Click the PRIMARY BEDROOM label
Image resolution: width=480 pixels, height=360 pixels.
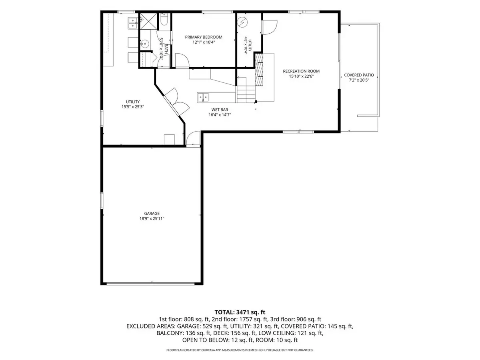(203, 37)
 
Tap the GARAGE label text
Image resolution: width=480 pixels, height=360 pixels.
(152, 213)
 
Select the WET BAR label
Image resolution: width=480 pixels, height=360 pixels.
(220, 110)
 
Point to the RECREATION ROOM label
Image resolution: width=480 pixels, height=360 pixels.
(301, 71)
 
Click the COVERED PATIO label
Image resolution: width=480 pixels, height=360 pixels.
(359, 75)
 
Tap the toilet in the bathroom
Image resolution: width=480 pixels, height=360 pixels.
(164, 19)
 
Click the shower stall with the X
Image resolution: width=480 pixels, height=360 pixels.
(148, 21)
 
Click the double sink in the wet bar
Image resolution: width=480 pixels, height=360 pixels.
(203, 97)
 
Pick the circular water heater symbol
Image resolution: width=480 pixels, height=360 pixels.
(243, 22)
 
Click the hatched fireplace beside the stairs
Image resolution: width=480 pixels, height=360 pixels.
(259, 70)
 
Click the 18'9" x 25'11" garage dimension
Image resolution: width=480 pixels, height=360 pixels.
(152, 218)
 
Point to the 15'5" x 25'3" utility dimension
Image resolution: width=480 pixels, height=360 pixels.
(133, 107)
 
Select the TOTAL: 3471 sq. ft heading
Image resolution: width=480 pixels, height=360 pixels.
(240, 312)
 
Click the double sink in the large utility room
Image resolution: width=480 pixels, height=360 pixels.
(132, 23)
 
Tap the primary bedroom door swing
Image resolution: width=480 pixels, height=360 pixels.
(182, 60)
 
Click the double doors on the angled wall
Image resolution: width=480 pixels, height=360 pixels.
(177, 102)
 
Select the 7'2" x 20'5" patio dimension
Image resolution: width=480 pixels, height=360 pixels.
(359, 80)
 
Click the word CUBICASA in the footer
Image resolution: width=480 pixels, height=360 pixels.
(208, 350)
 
